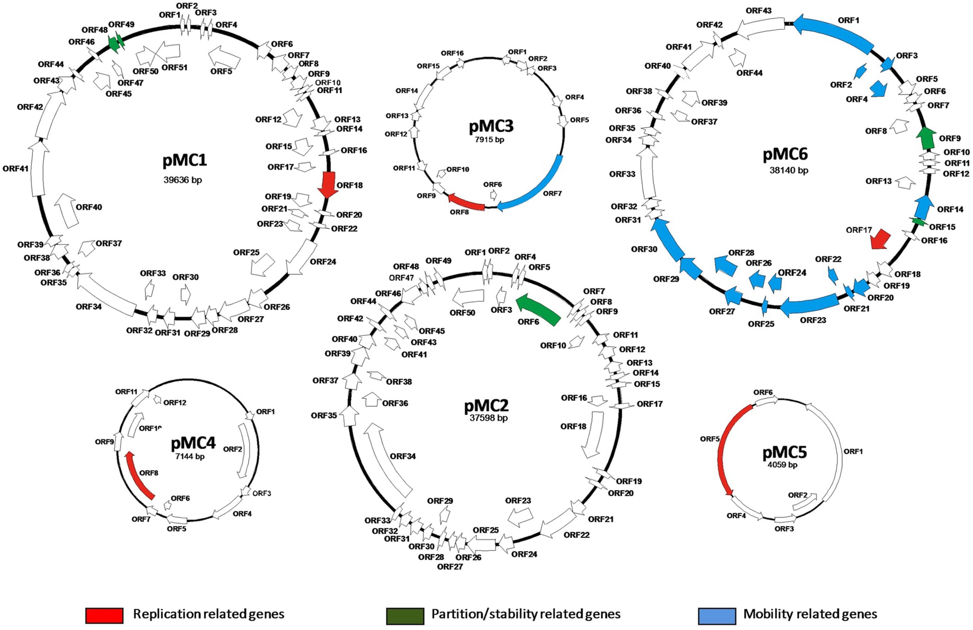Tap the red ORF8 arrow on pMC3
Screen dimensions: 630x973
coord(466,202)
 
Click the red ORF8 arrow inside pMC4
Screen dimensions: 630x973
coord(139,475)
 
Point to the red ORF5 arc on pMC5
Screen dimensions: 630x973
coord(725,450)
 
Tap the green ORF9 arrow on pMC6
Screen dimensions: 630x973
coord(926,138)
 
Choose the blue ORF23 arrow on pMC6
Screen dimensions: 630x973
coord(810,305)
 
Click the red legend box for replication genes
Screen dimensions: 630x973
coord(104,615)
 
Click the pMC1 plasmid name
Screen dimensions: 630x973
coord(184,160)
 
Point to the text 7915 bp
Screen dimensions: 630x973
coord(489,140)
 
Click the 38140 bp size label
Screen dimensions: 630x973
coord(788,170)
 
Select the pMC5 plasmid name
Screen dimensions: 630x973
coord(784,452)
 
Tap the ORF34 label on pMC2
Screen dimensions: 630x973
coord(403,456)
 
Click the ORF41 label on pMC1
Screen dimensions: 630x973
coord(15,169)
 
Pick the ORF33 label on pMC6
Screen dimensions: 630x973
coord(622,174)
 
